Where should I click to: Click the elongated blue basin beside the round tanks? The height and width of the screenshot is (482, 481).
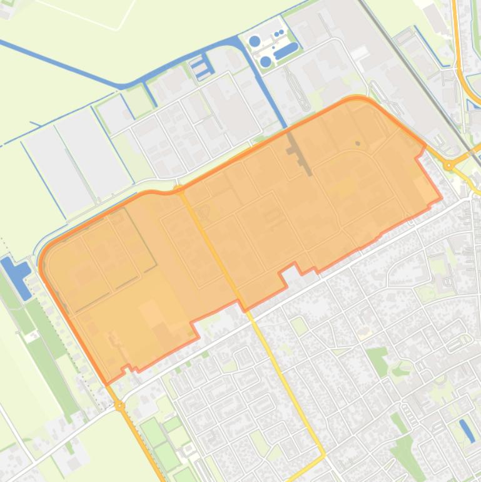(x=286, y=50)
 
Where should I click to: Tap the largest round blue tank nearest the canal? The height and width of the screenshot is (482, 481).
(x=255, y=42)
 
